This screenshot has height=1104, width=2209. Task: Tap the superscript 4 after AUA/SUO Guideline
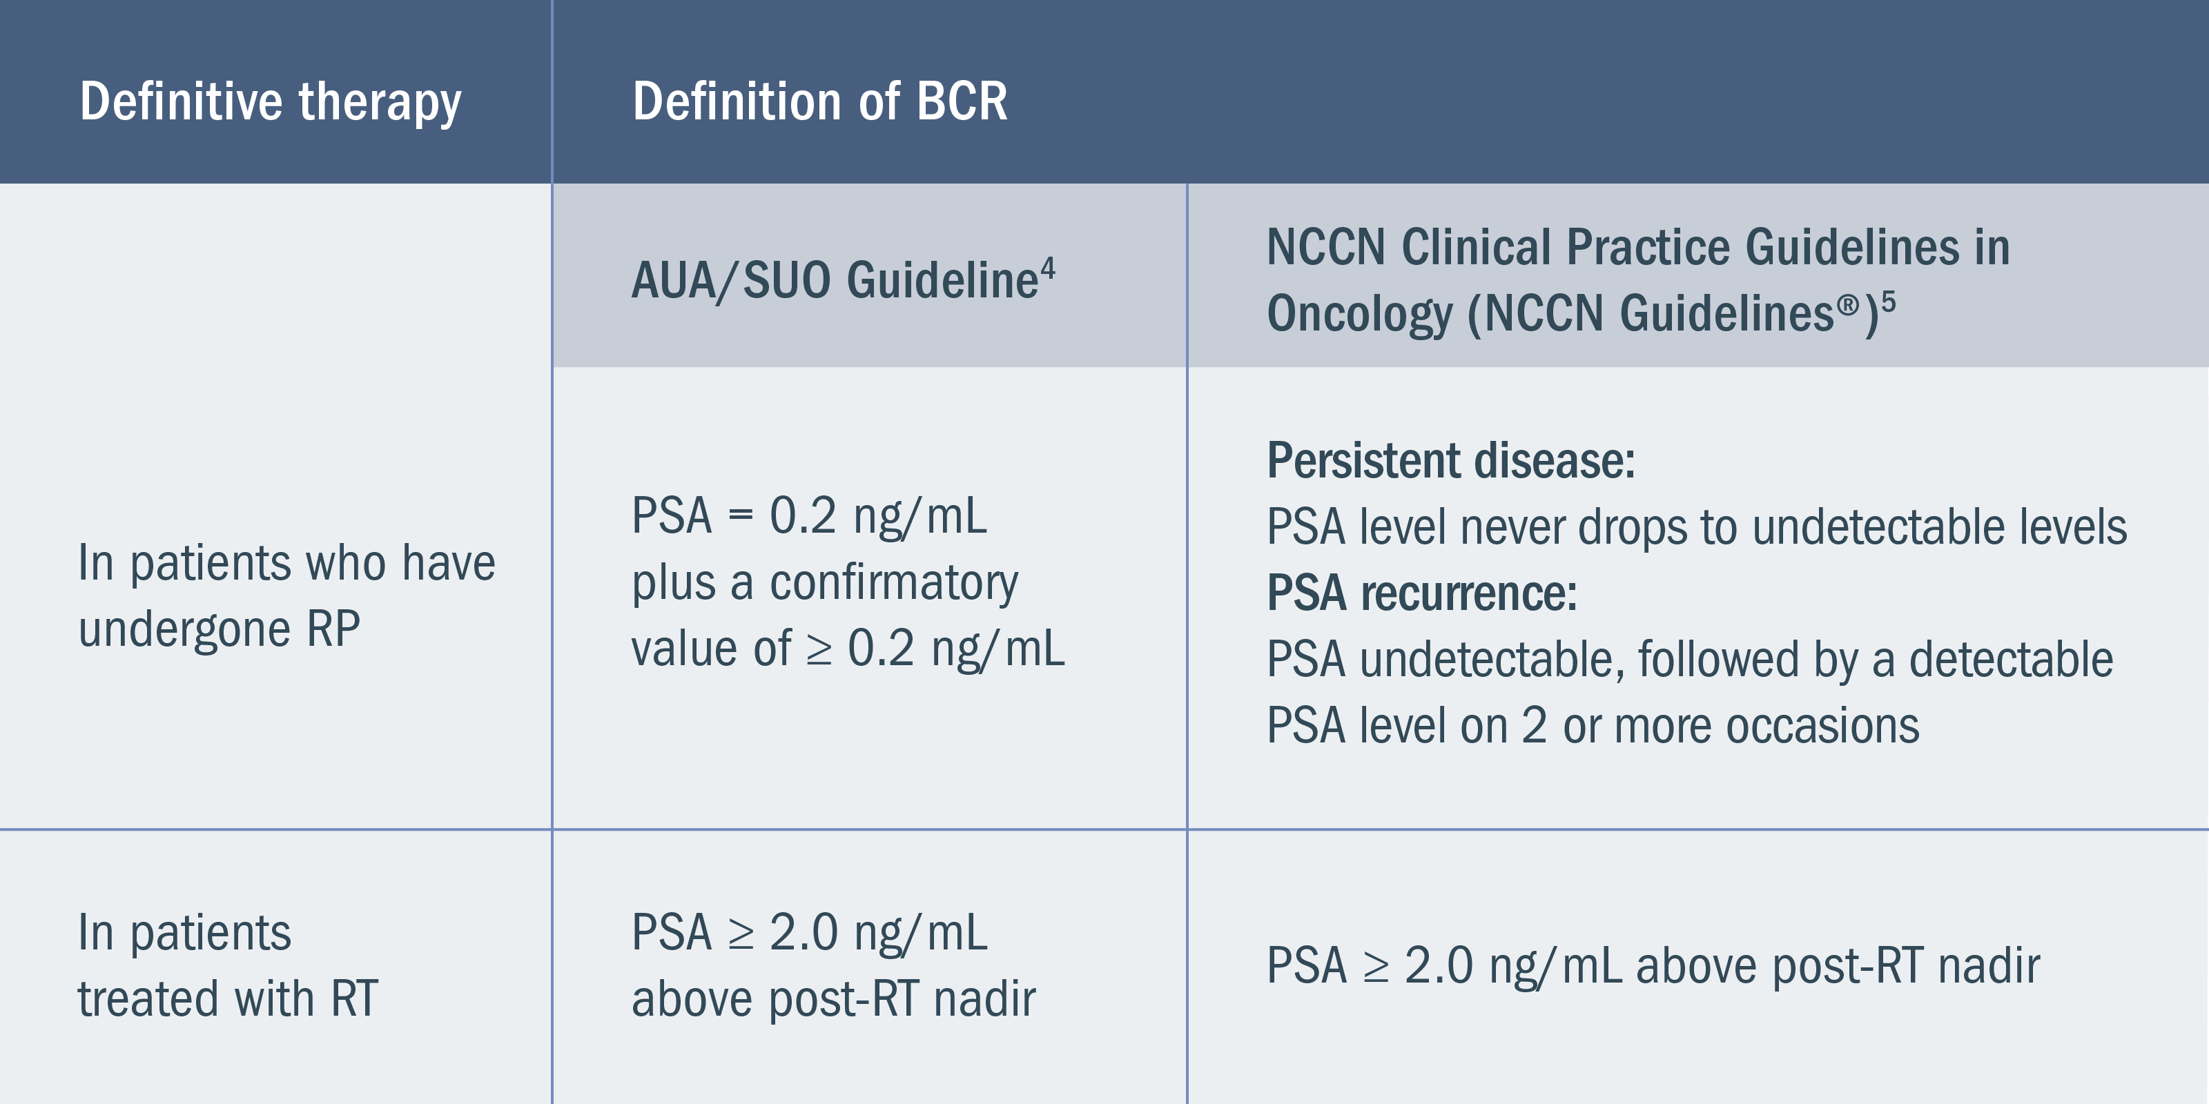pos(1048,271)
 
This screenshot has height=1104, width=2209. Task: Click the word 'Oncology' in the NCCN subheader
pos(1360,314)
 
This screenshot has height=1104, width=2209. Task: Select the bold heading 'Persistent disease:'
pos(1451,460)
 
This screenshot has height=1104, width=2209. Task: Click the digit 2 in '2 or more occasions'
pos(1534,726)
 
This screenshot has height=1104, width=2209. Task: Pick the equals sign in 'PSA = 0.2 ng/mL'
pos(741,516)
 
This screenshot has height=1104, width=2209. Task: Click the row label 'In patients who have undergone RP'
pos(286,595)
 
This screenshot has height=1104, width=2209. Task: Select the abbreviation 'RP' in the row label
pos(333,629)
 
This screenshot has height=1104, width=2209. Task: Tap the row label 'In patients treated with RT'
pos(227,965)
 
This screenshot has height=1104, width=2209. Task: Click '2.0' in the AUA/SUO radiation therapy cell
pos(804,933)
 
